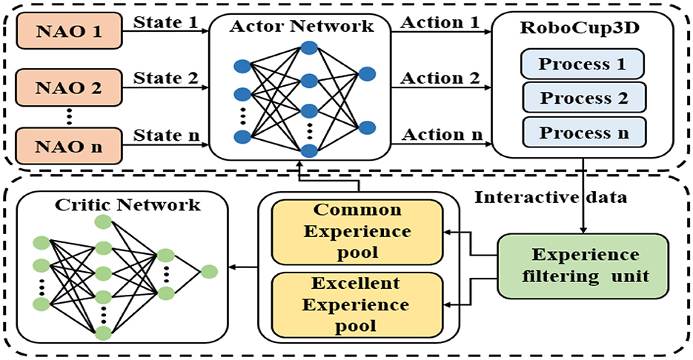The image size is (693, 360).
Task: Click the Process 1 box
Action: pos(582,64)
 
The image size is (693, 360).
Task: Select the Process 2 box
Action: pos(582,98)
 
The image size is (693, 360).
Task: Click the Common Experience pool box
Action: pos(357,231)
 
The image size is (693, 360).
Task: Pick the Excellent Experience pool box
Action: pos(357,304)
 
